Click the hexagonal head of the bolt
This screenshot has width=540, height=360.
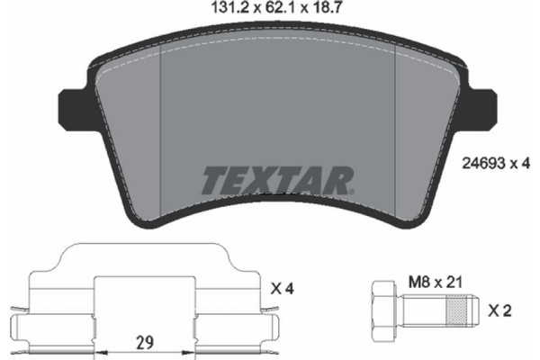382,311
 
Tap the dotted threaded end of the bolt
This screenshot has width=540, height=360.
457,311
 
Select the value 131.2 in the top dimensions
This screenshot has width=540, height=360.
222,11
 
